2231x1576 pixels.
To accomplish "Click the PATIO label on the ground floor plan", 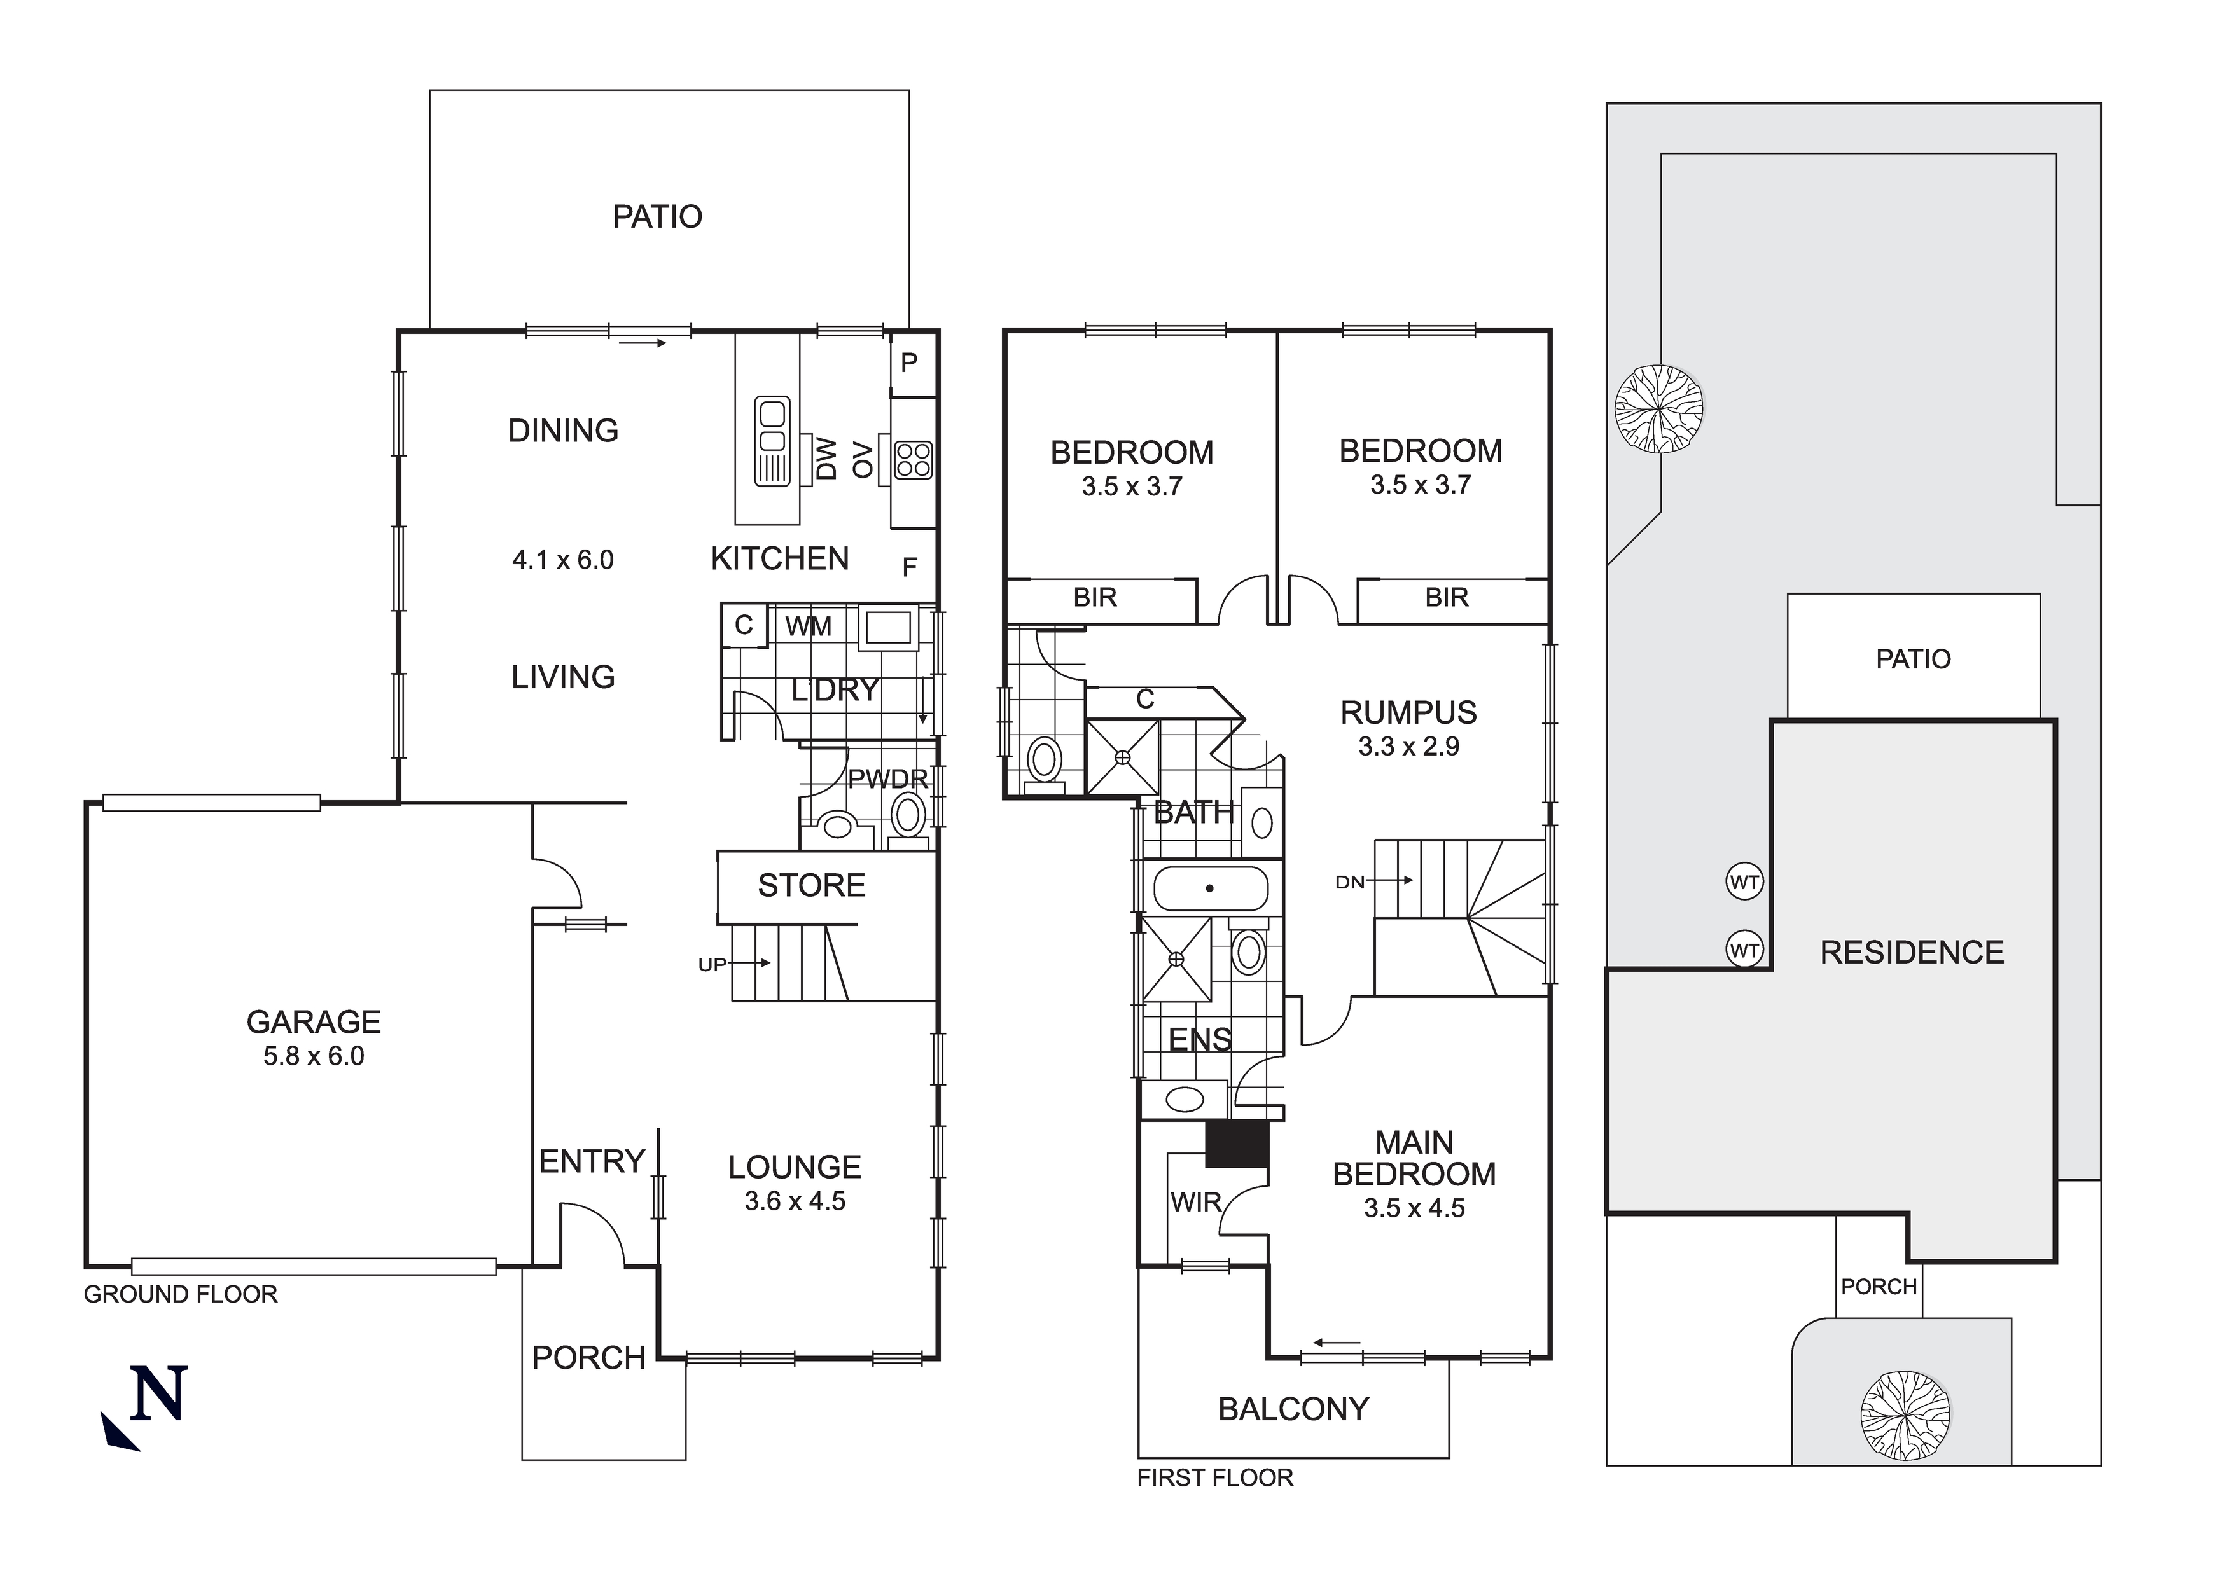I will point(657,217).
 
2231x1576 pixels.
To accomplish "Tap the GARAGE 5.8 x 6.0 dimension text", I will point(313,1056).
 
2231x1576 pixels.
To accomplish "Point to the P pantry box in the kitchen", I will point(910,363).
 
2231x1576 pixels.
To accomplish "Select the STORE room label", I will point(811,885).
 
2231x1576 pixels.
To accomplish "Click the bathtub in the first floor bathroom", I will point(1210,888).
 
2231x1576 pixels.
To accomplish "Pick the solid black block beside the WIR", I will point(1236,1144).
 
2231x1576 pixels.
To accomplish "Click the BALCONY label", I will point(1293,1409).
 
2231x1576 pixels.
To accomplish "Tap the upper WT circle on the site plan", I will point(1744,882).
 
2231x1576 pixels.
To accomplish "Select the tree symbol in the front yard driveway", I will point(1905,1414).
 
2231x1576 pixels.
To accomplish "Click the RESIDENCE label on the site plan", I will point(1911,952).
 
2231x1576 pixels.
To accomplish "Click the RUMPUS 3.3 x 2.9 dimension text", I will point(1408,746).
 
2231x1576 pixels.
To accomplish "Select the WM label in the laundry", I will point(809,626).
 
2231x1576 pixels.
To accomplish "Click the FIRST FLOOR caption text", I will point(1214,1478).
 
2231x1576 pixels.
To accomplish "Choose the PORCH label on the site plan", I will point(1879,1287).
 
